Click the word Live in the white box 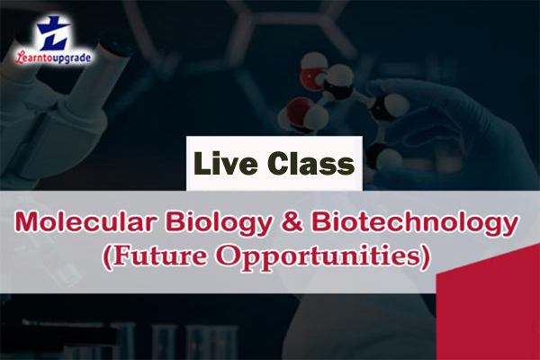coord(229,164)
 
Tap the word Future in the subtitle coord(166,256)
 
